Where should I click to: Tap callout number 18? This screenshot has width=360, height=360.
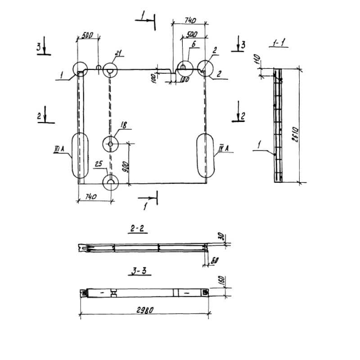coord(123,126)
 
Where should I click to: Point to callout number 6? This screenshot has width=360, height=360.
coord(193,44)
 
